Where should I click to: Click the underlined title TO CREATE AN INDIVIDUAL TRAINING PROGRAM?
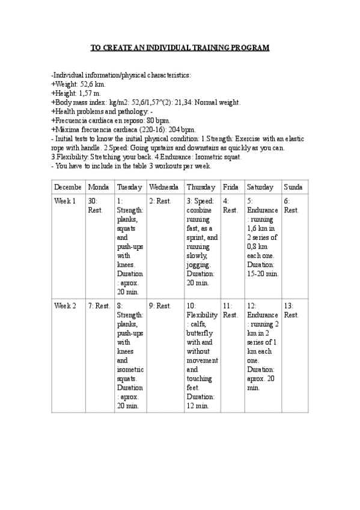(x=180, y=48)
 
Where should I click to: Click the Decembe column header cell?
(x=69, y=187)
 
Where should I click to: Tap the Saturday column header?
(x=260, y=187)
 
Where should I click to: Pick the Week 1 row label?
(x=66, y=201)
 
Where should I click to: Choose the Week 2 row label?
(x=66, y=306)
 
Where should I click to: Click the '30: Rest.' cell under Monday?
(x=96, y=206)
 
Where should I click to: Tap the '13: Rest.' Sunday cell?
(x=291, y=310)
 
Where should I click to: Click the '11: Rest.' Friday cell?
(x=230, y=310)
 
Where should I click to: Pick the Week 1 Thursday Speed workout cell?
(x=201, y=237)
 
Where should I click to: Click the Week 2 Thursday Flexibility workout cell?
(x=201, y=355)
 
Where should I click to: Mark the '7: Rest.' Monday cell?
(x=99, y=306)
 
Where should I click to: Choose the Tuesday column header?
(x=129, y=187)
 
